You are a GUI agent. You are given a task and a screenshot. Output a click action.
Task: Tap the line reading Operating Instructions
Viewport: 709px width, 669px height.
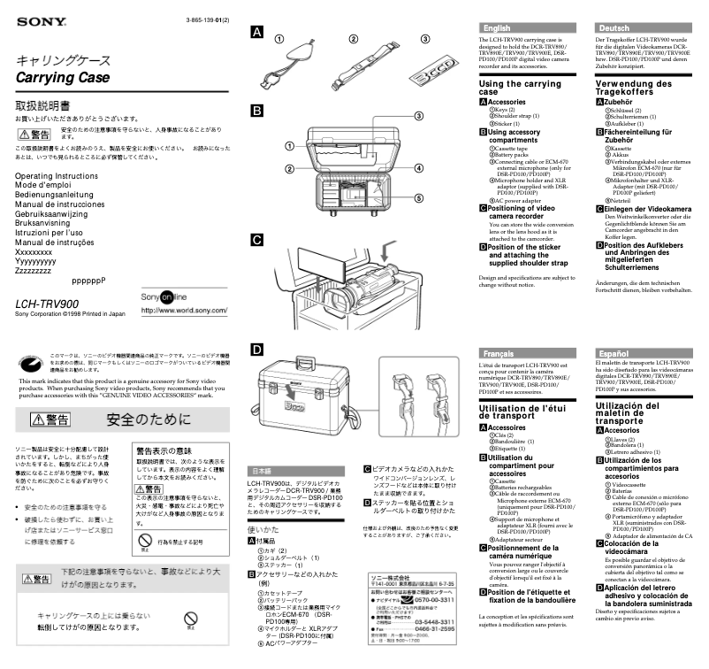coord(57,177)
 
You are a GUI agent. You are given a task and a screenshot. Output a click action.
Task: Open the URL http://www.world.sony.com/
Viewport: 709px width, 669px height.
coord(183,310)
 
